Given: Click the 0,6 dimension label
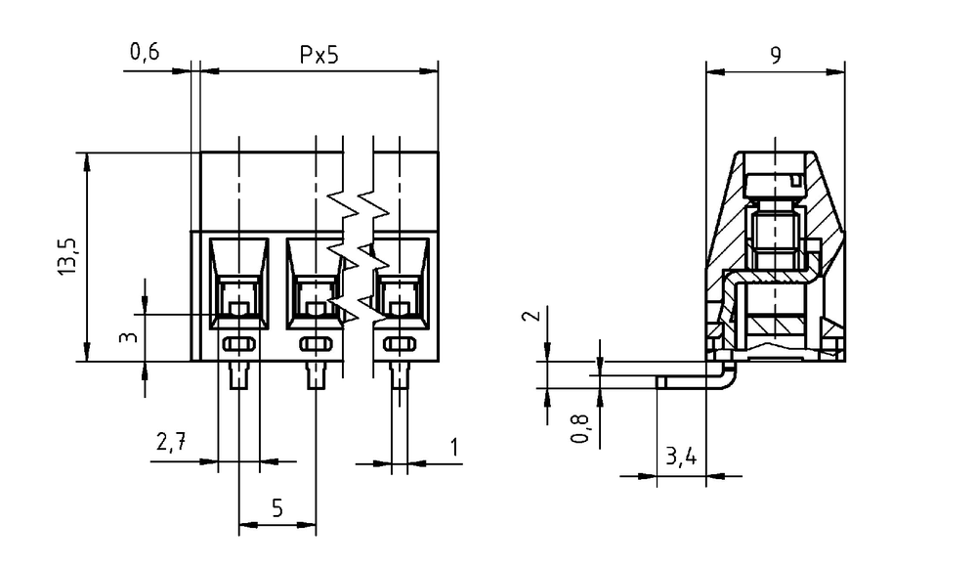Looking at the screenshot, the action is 145,52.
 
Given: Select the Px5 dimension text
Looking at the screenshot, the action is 319,55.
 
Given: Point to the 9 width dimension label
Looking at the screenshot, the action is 775,56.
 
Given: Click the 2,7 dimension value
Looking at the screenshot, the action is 171,443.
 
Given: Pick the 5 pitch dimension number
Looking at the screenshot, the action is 277,508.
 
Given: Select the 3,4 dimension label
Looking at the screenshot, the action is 681,458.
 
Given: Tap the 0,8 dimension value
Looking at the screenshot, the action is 579,428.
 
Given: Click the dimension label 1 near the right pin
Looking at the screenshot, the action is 455,447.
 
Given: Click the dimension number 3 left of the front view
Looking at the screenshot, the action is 128,337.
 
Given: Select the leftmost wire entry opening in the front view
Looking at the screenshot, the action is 239,283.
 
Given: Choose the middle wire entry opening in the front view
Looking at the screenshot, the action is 315,283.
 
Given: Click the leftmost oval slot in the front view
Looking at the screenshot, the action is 239,344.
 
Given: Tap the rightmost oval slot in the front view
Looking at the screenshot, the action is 400,344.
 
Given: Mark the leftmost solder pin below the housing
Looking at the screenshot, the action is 239,374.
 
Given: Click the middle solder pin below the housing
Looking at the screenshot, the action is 316,374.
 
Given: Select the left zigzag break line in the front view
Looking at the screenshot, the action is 343,256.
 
